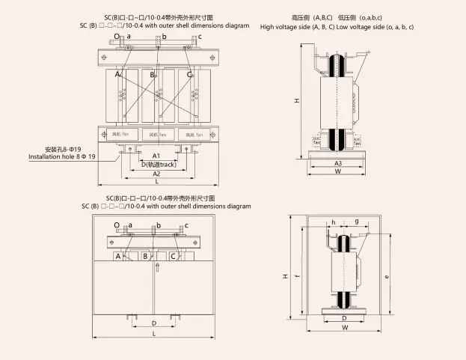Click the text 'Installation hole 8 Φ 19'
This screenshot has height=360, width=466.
click(62, 157)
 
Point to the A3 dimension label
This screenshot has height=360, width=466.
click(338, 162)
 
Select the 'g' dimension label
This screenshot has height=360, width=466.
click(357, 222)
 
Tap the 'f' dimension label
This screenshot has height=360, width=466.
click(298, 276)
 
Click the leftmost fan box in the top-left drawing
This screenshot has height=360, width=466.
click(120, 134)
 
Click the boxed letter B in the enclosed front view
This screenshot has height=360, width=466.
click(146, 256)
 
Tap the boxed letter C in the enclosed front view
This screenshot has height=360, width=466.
click(174, 256)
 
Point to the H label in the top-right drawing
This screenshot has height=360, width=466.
click(298, 100)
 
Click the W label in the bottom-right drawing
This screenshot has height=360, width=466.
click(345, 328)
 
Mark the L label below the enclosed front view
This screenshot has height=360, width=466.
click(154, 334)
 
